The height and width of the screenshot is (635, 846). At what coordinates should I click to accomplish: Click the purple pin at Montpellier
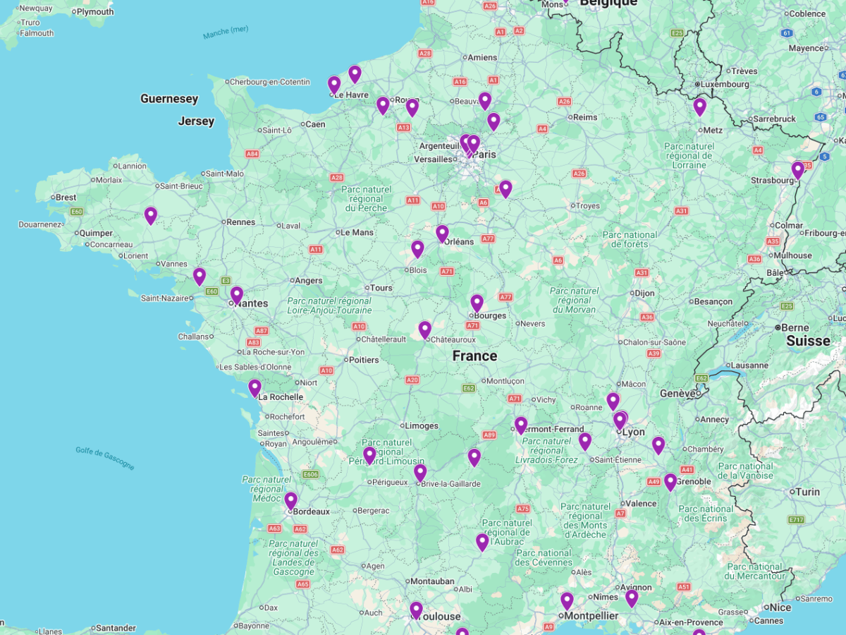568,601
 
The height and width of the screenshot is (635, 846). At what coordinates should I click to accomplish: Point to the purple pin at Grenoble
670,482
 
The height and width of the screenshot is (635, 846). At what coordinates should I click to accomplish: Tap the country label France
474,356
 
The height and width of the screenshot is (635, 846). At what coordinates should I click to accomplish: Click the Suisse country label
809,341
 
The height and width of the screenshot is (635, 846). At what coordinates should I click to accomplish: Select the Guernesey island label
169,99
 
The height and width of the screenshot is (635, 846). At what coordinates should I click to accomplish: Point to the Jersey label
196,121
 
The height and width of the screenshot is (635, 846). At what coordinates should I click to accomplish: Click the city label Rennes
241,222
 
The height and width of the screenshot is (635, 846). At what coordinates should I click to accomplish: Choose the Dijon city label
644,293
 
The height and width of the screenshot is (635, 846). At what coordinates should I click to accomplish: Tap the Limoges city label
422,426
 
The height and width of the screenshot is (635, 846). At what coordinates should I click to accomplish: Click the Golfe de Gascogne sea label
105,458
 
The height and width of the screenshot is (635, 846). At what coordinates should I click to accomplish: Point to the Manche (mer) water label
226,32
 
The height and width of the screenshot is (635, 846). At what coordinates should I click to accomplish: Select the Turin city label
808,492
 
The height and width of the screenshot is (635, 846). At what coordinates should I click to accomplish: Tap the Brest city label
66,198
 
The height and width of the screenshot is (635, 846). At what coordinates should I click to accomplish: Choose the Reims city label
585,117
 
